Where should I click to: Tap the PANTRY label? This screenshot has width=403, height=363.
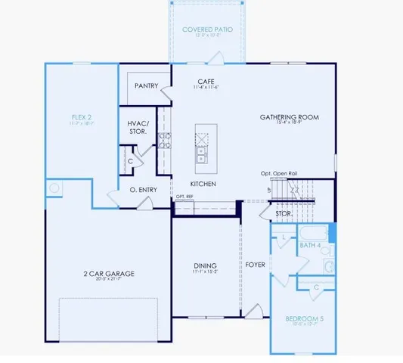coord(146,86)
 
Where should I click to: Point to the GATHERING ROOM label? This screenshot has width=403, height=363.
coord(289,117)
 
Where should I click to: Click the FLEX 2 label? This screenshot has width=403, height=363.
coord(80,117)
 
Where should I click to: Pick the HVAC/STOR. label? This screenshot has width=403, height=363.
coord(138,127)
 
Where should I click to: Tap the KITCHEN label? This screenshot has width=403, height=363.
coord(203,184)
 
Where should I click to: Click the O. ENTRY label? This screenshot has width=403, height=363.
coord(142,189)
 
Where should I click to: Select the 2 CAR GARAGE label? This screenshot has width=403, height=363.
coord(108,274)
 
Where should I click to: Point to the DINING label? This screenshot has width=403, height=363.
coord(205,265)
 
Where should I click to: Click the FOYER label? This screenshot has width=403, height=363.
coord(254,265)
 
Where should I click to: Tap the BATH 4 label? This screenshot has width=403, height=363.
coord(310,246)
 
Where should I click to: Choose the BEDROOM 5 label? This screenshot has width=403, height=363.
coord(304,319)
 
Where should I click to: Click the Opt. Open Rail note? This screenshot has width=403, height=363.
coord(279,173)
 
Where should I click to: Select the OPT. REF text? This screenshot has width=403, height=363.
coord(184,197)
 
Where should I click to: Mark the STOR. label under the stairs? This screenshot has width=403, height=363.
coord(283,214)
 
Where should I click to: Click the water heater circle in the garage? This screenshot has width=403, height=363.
coord(54,188)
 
